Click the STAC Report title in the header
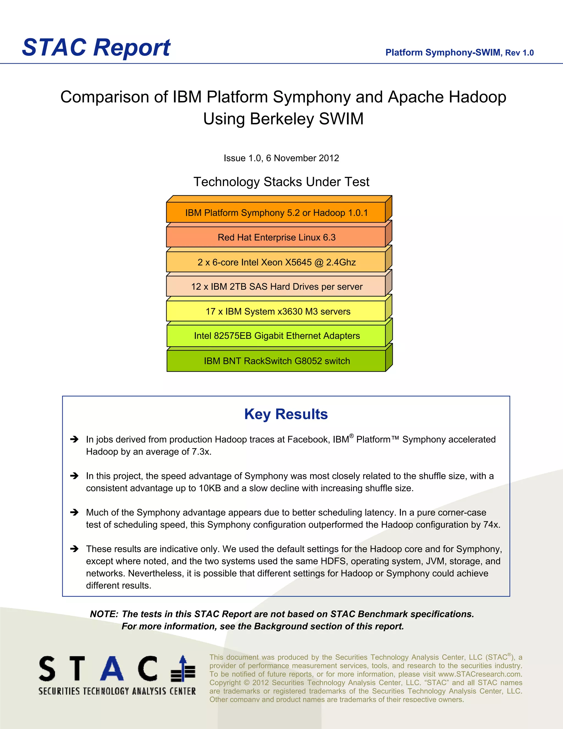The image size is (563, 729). coord(96,47)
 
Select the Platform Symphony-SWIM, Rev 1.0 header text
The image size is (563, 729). coord(459,53)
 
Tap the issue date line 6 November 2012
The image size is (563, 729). coord(281,158)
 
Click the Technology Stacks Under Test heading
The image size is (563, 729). coord(281,182)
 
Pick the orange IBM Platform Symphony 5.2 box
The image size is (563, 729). coord(276,213)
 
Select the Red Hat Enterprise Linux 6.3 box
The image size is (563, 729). coord(276,237)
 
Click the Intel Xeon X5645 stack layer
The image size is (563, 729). coord(276,262)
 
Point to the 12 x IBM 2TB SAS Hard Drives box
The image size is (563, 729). coord(276,287)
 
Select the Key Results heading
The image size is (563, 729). coord(286,414)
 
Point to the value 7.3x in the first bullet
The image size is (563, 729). coord(201,452)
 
